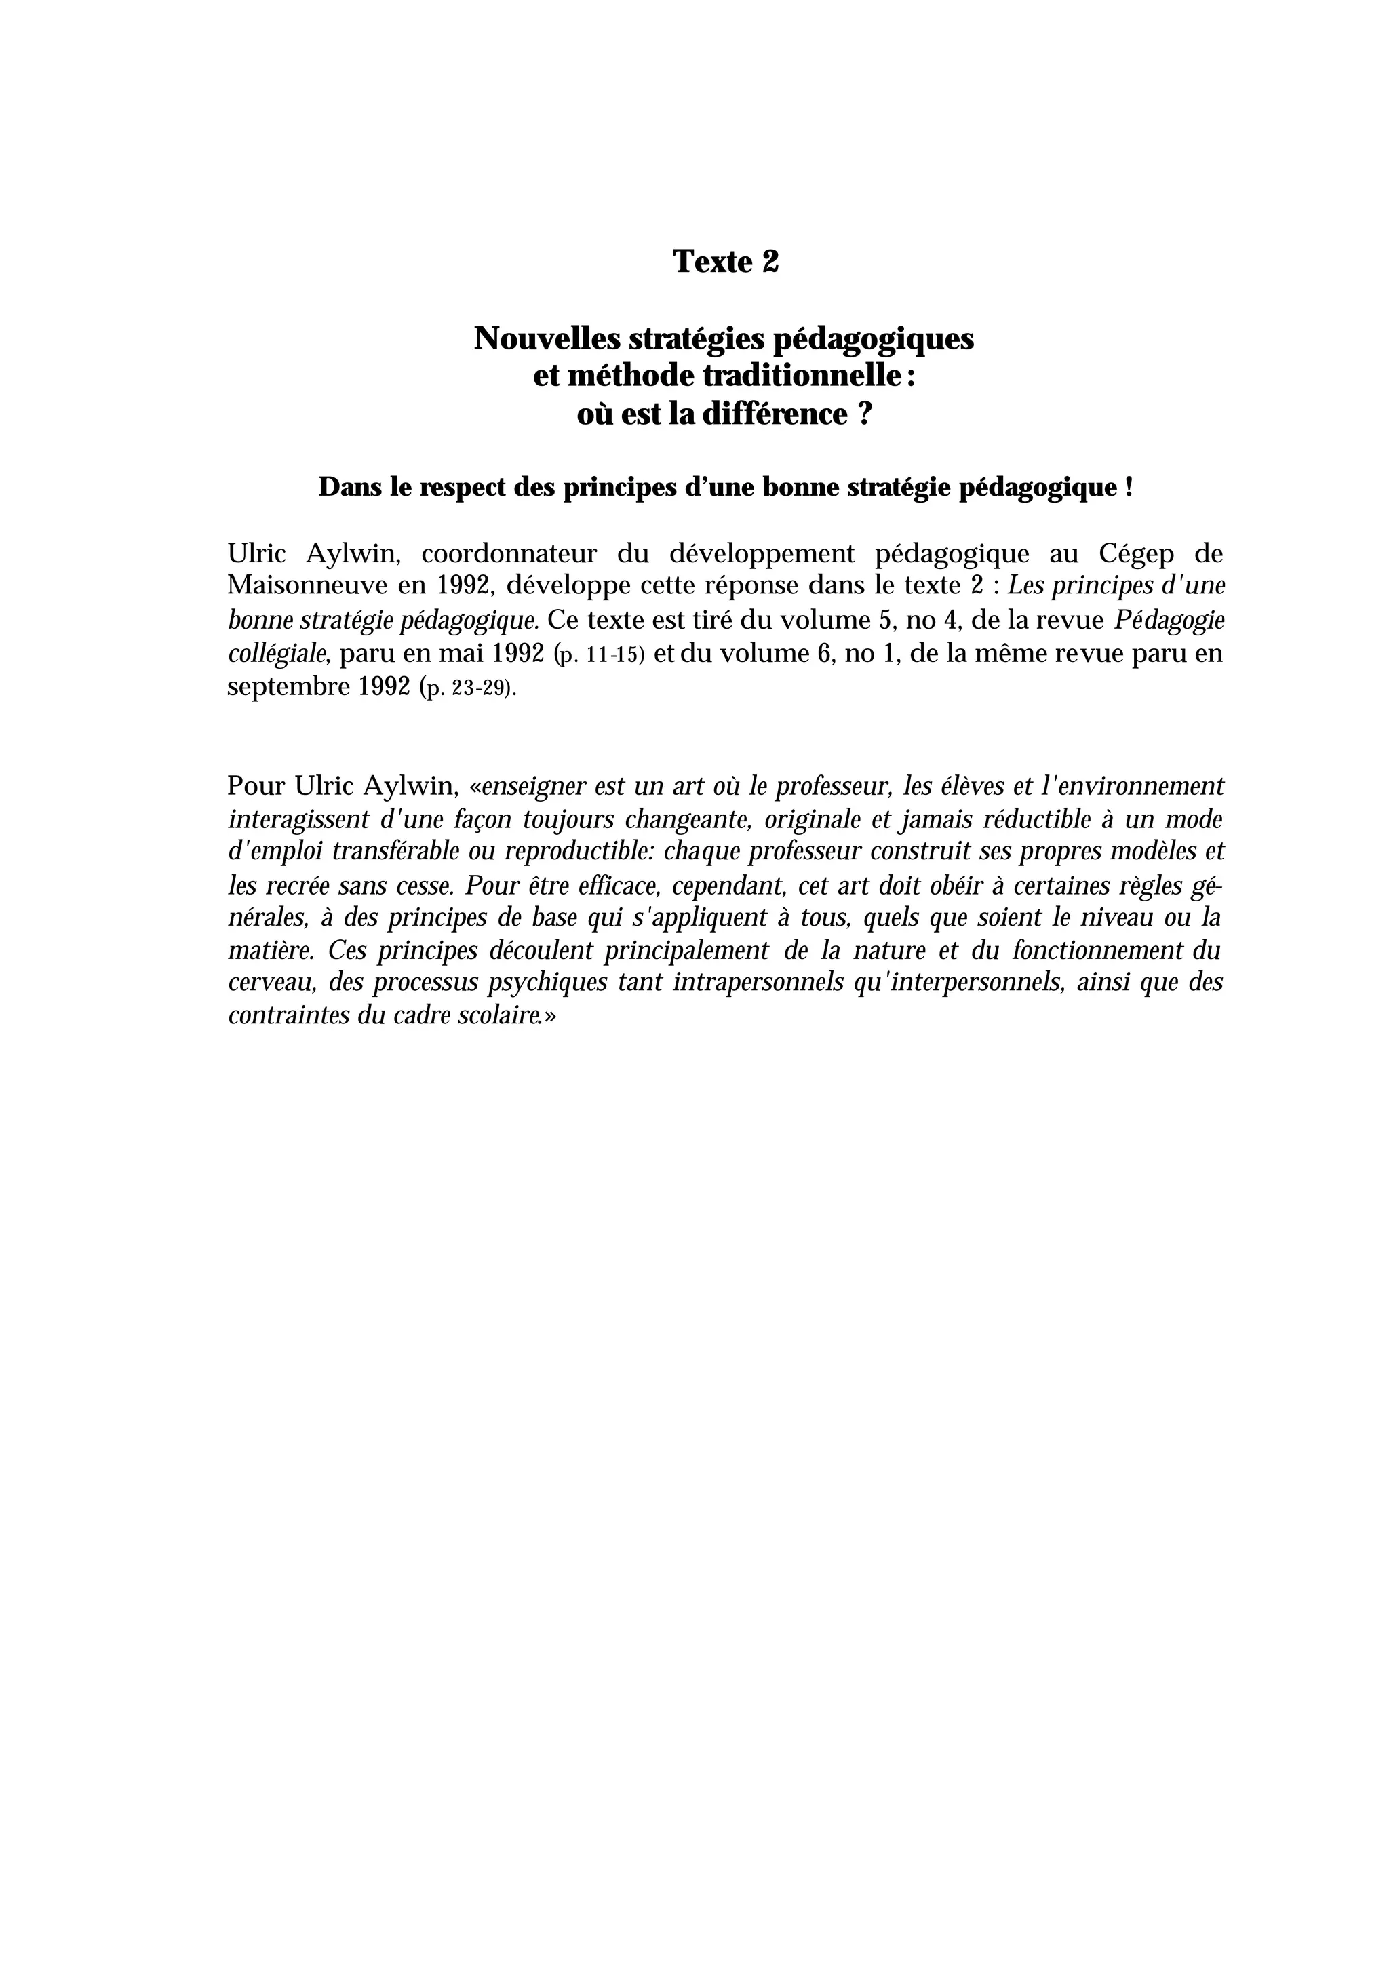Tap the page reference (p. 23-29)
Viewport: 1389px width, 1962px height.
[x=469, y=688]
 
